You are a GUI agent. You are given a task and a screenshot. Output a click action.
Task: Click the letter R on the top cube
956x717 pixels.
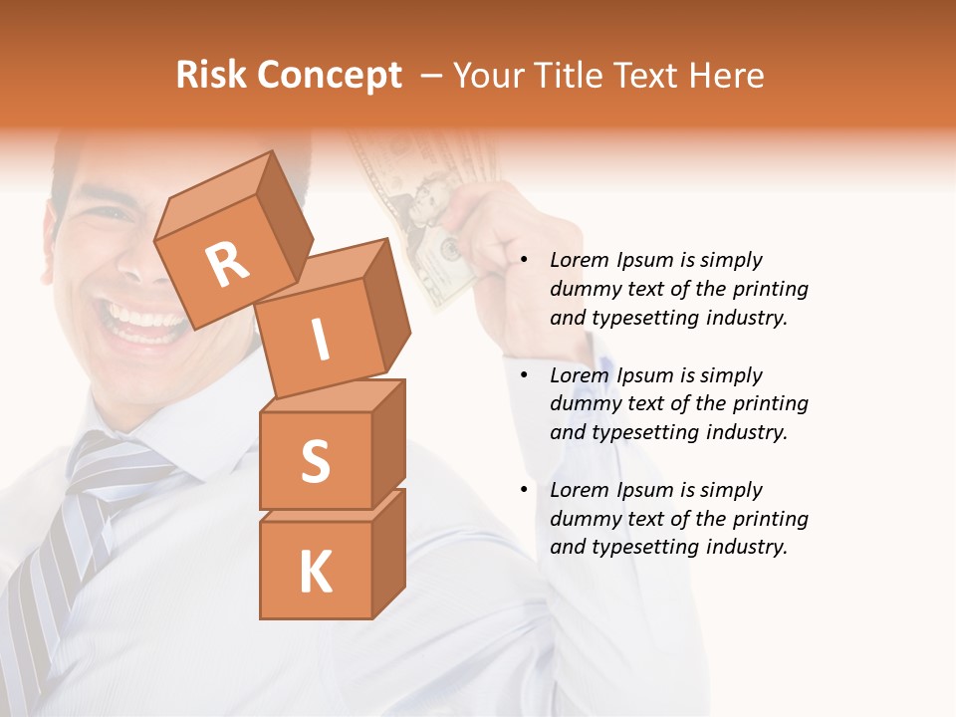(x=227, y=265)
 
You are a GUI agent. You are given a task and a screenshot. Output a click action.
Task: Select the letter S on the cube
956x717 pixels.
(x=315, y=461)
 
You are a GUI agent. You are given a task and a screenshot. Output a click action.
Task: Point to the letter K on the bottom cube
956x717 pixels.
(x=315, y=572)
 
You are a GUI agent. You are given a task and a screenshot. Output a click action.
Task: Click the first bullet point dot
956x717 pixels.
(x=524, y=261)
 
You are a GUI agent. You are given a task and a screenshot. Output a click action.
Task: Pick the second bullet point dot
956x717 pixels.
(x=524, y=376)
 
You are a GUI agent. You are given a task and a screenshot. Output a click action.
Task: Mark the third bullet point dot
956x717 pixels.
(x=524, y=491)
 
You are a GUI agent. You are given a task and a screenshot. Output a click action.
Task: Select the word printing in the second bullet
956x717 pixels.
(x=770, y=404)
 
